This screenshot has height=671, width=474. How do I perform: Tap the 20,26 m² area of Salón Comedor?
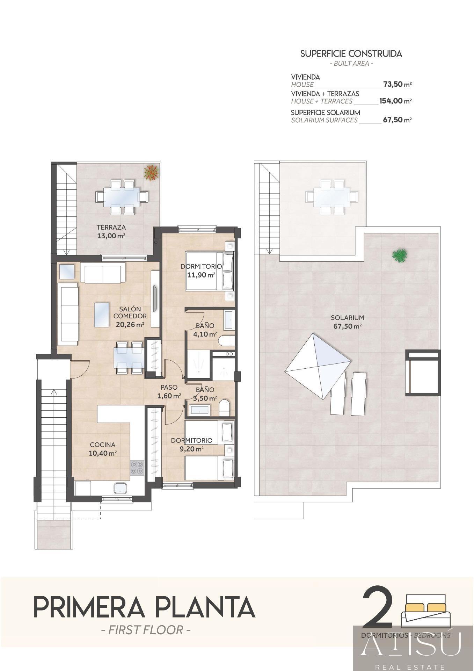click(x=130, y=324)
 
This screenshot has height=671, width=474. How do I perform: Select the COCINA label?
click(x=103, y=445)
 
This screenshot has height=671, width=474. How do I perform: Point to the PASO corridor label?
click(x=169, y=387)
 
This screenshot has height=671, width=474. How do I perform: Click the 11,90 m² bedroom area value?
click(x=201, y=275)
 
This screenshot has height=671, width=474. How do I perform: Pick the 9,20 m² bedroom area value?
click(x=191, y=449)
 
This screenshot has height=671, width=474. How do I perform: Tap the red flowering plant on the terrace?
click(x=151, y=173)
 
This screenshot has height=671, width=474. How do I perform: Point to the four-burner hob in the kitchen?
click(x=137, y=468)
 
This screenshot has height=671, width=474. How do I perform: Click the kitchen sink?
click(x=119, y=488)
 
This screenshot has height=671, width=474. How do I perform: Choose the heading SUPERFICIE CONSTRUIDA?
click(x=351, y=54)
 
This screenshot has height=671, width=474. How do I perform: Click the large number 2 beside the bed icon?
click(x=378, y=608)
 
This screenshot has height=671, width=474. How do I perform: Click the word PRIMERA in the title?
click(x=89, y=607)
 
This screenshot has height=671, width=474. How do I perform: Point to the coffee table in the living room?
click(x=104, y=315)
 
